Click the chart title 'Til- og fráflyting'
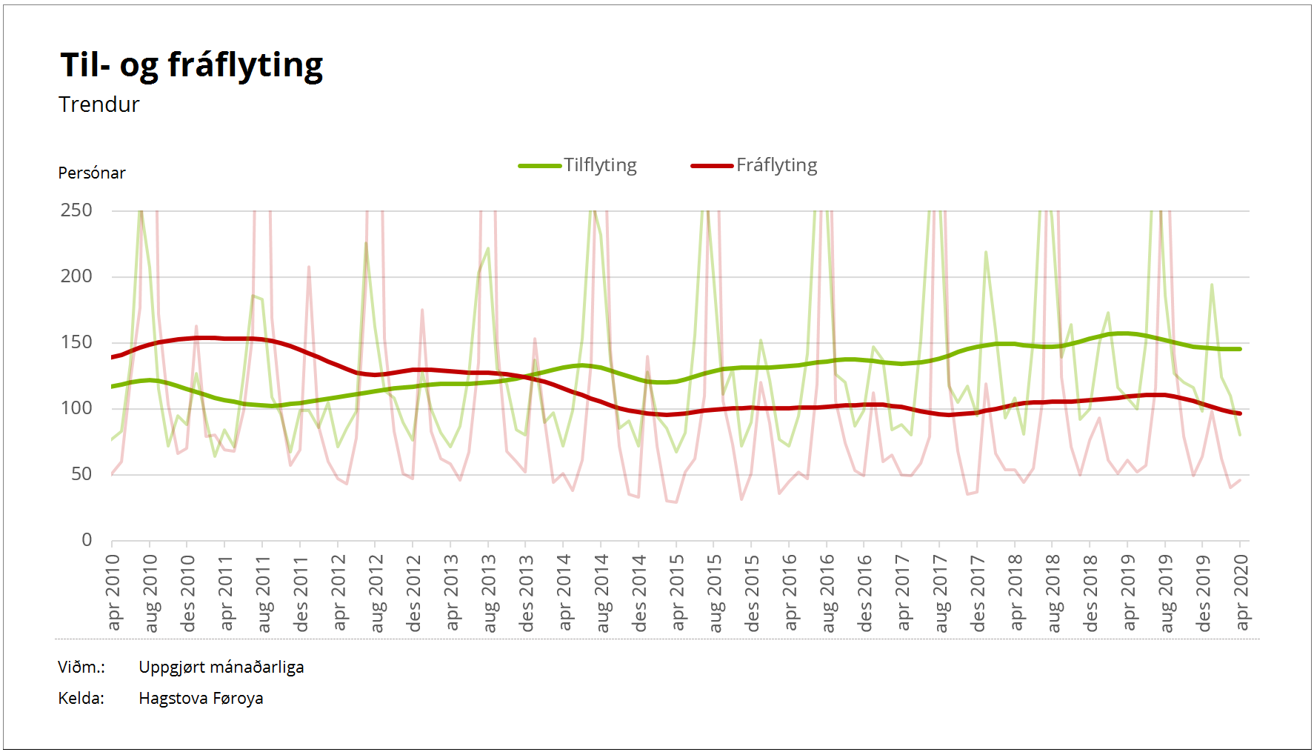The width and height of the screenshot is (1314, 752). point(191,65)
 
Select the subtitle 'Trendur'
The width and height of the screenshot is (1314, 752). point(99,104)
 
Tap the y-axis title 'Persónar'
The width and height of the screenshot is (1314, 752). point(92,173)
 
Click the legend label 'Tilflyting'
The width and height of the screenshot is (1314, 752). point(600,165)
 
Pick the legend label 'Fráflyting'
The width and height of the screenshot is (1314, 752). point(776,165)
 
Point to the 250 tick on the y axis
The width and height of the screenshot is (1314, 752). point(76,210)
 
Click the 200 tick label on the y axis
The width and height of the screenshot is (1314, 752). point(76,276)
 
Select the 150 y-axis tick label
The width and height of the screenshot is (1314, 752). point(76,342)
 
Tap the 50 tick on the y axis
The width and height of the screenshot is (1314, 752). point(81,474)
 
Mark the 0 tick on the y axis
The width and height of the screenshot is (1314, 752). point(87,540)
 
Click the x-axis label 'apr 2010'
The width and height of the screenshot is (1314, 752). point(113,593)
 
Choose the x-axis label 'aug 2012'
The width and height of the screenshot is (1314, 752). point(377,593)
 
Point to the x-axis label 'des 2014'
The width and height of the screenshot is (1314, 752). point(640,593)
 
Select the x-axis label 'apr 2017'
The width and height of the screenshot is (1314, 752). point(903,593)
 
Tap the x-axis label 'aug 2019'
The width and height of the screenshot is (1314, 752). point(1167,593)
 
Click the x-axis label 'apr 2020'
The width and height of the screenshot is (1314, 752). point(1241,593)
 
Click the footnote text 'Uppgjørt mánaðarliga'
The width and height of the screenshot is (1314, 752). point(221,667)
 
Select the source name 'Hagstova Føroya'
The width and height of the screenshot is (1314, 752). point(201,698)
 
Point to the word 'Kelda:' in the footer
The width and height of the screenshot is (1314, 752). point(81,698)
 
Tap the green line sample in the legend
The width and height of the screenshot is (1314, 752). point(539,166)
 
